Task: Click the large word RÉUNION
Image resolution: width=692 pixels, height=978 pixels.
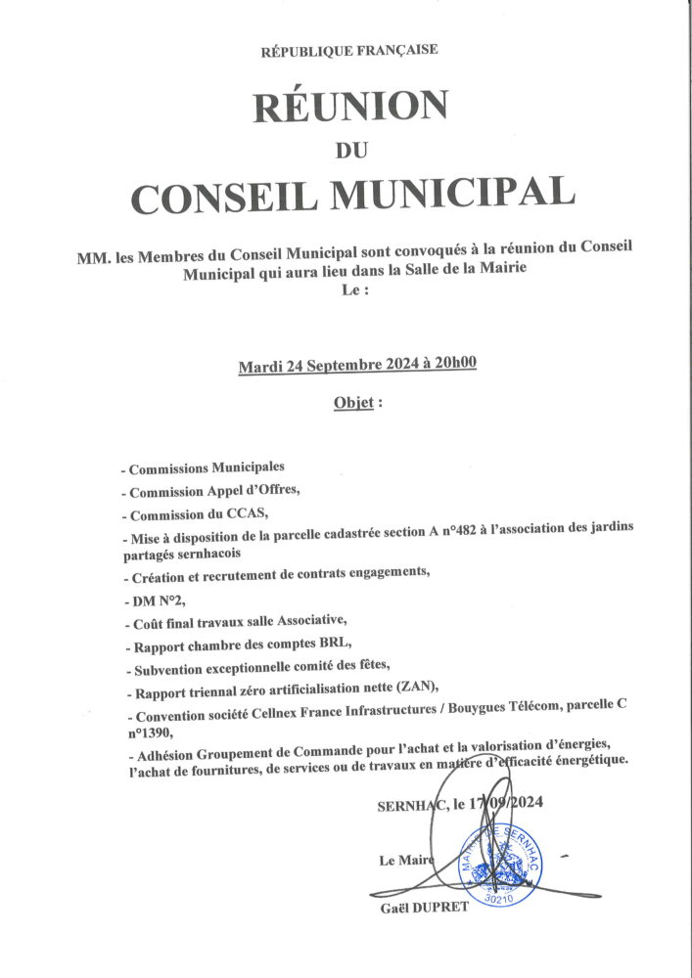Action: click(x=350, y=105)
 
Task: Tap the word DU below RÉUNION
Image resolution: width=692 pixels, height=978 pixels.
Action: click(x=349, y=149)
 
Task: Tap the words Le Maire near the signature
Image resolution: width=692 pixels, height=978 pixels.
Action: click(x=400, y=861)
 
